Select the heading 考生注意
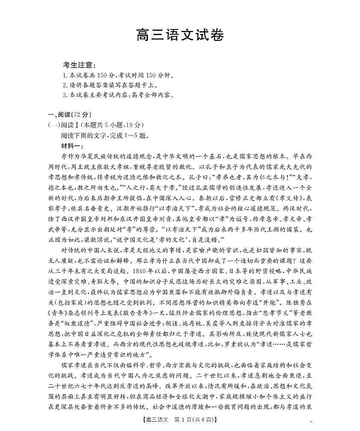[x=80, y=65]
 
